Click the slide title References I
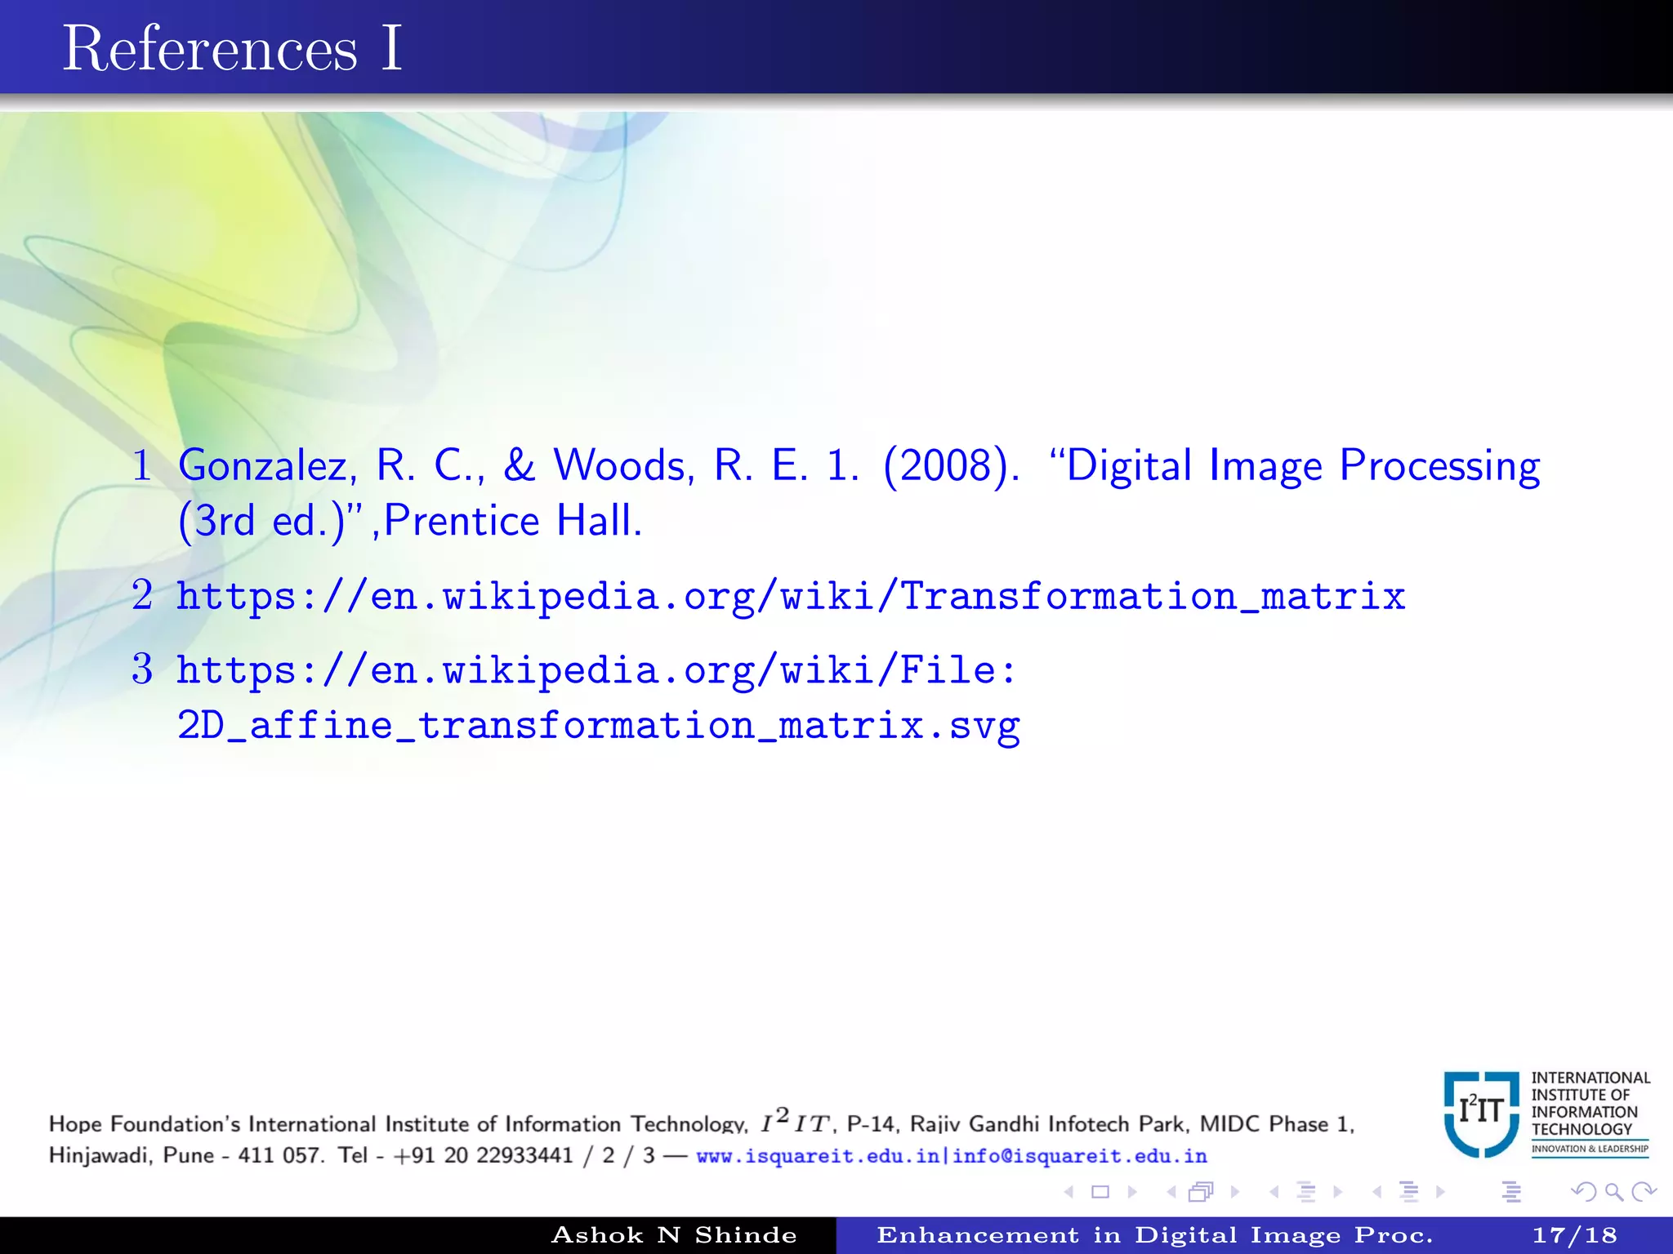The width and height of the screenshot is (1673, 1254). [233, 49]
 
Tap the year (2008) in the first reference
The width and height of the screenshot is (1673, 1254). [950, 466]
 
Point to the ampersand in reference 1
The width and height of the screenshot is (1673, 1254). [520, 466]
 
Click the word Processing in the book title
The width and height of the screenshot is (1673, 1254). [1440, 466]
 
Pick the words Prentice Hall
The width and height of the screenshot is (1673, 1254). [512, 521]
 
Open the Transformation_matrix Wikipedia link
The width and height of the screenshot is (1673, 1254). [791, 596]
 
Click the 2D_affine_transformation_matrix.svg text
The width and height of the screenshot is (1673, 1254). [599, 725]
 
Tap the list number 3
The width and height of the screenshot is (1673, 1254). [142, 669]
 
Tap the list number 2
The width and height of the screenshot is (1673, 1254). [142, 595]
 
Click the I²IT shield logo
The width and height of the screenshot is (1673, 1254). [1482, 1114]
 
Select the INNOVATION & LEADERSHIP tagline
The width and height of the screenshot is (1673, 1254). [1590, 1149]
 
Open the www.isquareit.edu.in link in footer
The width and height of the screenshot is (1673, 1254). [818, 1156]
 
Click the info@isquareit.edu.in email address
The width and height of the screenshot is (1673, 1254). [1080, 1156]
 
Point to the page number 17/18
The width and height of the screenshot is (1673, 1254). [1574, 1235]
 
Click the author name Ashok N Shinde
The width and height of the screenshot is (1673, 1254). [674, 1235]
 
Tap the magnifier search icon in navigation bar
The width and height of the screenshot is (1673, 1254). [1613, 1192]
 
